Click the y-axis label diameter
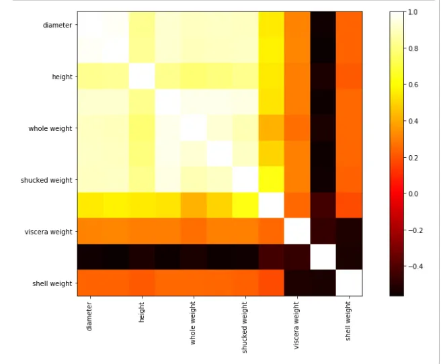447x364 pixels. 58,25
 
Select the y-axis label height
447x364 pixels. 63,77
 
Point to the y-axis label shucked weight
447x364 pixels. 46,180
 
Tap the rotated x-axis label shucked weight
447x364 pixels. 245,327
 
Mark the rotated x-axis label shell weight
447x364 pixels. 348,320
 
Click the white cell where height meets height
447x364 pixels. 142,77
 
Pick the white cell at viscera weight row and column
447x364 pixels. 297,232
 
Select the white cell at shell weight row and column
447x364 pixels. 349,283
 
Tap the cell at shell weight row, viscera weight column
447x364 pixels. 297,283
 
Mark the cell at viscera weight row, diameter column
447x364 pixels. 90,232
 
